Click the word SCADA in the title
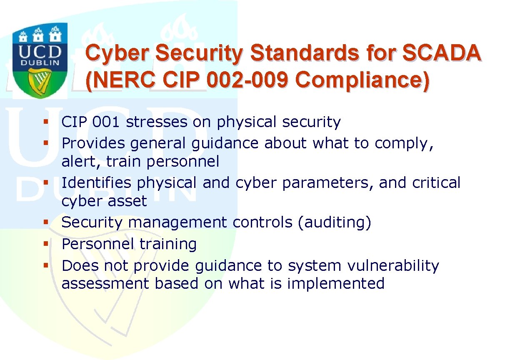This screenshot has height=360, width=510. click(x=442, y=53)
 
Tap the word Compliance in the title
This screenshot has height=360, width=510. click(x=362, y=80)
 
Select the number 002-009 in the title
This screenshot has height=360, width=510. click(x=247, y=80)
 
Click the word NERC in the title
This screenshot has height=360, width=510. click(x=122, y=80)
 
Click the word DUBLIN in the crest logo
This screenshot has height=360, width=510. click(x=40, y=62)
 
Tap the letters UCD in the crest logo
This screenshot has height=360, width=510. click(x=40, y=52)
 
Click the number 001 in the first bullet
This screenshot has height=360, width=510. click(x=106, y=122)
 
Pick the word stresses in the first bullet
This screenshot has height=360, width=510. click(x=157, y=122)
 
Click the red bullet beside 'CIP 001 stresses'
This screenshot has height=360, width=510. click(x=46, y=121)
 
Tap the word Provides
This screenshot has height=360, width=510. click(x=93, y=143)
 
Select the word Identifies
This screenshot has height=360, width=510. click(x=97, y=182)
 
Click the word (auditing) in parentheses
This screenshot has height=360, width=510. click(x=335, y=222)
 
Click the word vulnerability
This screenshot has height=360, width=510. click(x=393, y=266)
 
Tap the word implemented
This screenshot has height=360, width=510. click(x=336, y=284)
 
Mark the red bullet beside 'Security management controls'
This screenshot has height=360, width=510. click(x=46, y=222)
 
